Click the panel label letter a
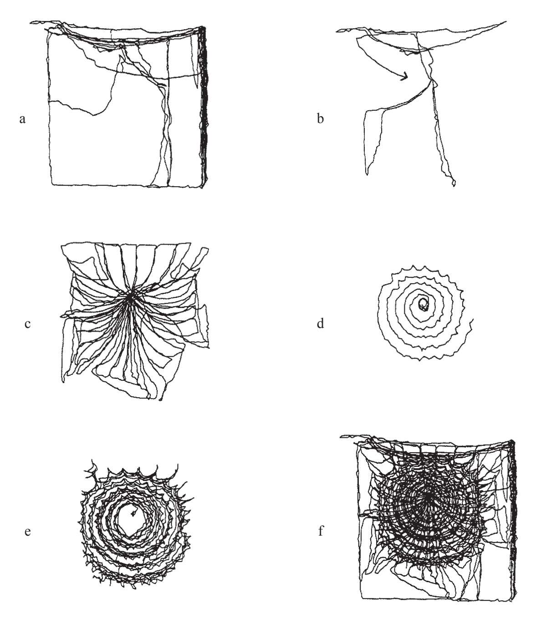click(22, 119)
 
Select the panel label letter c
click(27, 324)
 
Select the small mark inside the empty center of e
click(133, 513)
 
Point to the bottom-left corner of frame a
click(52, 184)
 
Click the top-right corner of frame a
click(204, 28)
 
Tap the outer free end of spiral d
click(473, 319)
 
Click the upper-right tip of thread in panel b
click(506, 21)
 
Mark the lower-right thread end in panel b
click(454, 185)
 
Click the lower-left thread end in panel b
click(367, 174)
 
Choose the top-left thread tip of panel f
click(341, 436)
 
